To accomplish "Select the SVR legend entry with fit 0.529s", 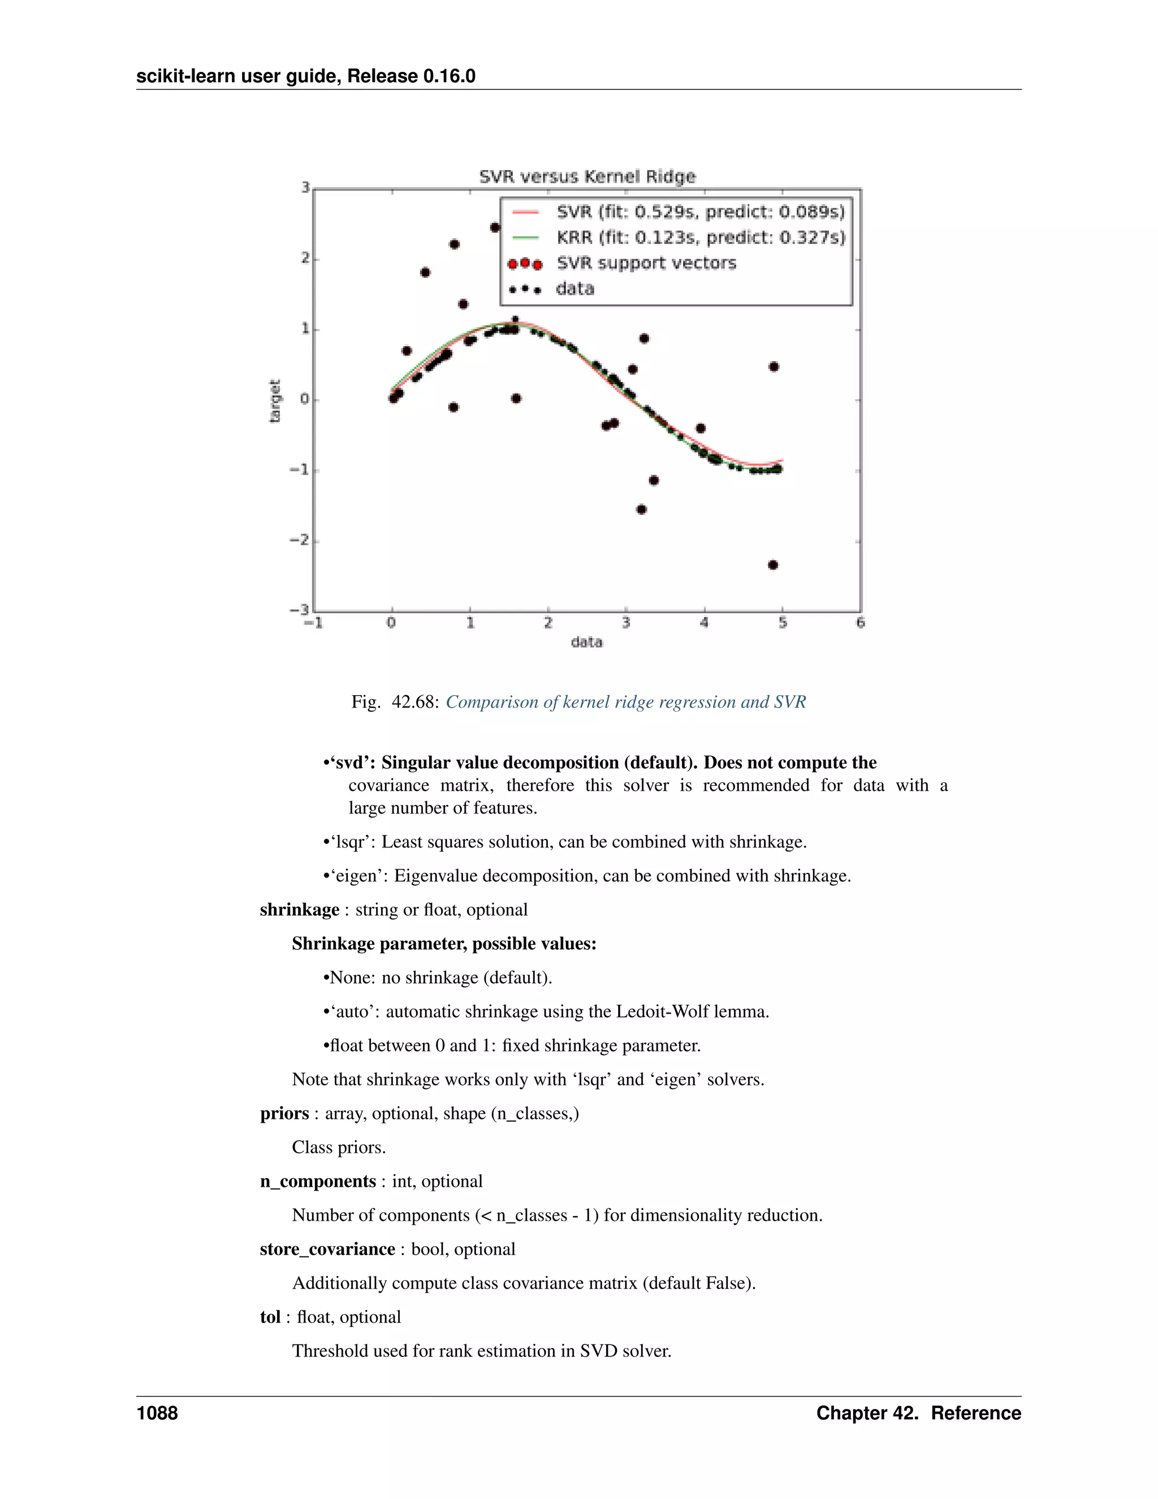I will [700, 212].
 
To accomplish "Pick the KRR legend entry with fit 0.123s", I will [700, 238].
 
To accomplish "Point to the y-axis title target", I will [275, 401].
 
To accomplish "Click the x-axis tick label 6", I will [860, 623].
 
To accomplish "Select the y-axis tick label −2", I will [300, 541].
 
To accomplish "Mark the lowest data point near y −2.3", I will [773, 565].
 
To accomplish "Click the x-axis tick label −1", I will [313, 623].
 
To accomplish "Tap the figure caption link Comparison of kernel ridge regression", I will [625, 702].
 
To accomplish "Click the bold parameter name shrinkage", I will [299, 910].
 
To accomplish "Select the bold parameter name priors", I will [284, 1113].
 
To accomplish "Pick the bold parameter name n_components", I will [318, 1181].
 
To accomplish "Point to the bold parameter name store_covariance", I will [327, 1249].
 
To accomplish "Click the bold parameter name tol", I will [270, 1317].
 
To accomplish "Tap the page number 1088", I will [157, 1413].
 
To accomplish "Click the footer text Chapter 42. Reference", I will [918, 1413].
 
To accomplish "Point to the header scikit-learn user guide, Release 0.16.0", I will [305, 76].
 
